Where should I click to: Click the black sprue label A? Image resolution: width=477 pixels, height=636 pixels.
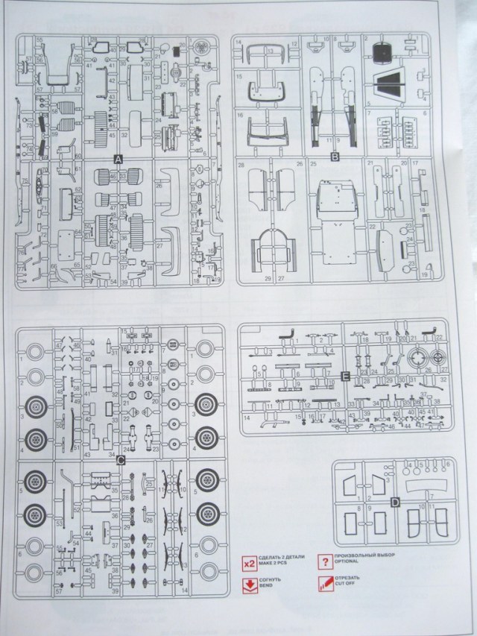pos(119,160)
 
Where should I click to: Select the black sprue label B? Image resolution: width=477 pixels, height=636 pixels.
pos(335,157)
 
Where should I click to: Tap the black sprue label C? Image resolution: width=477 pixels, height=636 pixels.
pos(120,460)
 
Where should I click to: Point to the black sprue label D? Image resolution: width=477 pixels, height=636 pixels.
pos(394,503)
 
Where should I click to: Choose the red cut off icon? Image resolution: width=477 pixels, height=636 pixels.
pos(324,585)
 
